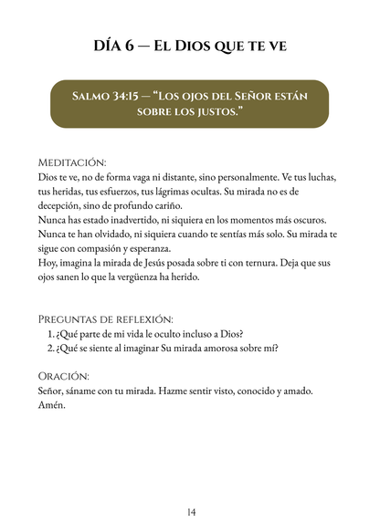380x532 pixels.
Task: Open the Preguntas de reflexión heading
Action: (106, 318)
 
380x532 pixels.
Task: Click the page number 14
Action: (190, 511)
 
